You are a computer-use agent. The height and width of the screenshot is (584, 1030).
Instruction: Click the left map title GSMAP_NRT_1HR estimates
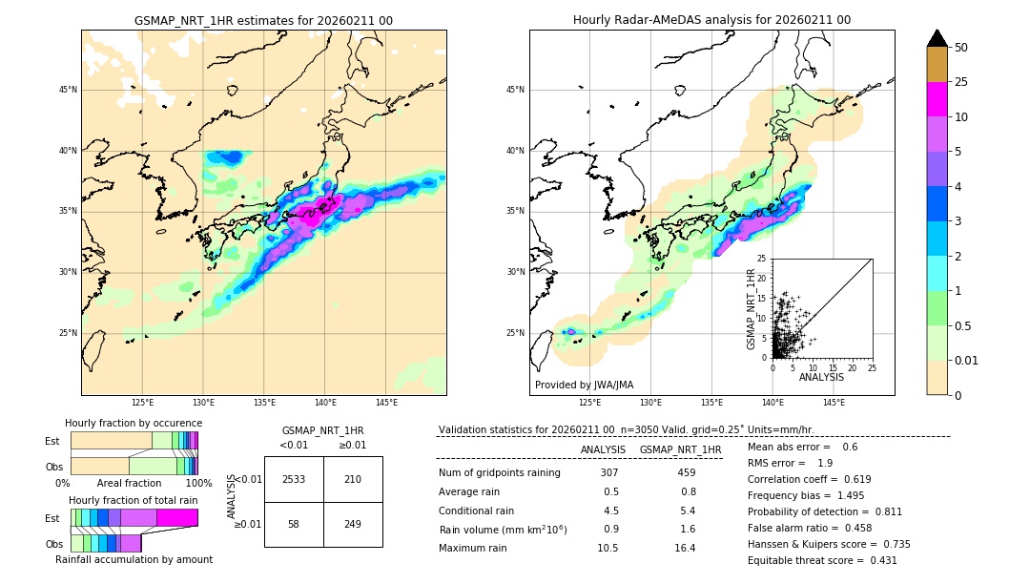click(x=263, y=20)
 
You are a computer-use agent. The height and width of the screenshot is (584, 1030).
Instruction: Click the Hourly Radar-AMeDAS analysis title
click(x=711, y=20)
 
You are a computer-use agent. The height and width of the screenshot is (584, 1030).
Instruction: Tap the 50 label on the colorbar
click(x=961, y=48)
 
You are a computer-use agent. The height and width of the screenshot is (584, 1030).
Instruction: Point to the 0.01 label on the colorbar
click(x=967, y=360)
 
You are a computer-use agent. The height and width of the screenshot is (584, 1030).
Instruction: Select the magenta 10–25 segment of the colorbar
click(x=937, y=99)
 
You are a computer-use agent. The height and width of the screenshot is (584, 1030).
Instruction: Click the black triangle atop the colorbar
click(x=937, y=38)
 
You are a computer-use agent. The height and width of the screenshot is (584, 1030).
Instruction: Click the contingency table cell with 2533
click(x=294, y=479)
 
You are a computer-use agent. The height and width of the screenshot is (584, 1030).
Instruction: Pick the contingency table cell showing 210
click(x=353, y=479)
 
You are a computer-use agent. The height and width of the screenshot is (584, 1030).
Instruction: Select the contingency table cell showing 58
click(x=294, y=525)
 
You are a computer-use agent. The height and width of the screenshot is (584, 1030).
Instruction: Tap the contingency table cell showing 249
click(x=353, y=525)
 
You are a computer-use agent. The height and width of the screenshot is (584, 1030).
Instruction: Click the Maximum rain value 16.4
click(x=687, y=548)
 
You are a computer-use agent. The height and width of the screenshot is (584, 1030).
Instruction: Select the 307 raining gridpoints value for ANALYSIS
click(x=609, y=472)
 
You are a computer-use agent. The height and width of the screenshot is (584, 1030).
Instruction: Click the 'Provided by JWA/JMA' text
click(x=584, y=385)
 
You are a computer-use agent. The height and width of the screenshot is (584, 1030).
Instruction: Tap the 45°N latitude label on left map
click(x=68, y=90)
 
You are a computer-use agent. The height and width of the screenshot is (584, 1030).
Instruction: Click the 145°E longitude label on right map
click(x=834, y=403)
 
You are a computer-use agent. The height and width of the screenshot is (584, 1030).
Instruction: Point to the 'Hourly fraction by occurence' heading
click(x=134, y=423)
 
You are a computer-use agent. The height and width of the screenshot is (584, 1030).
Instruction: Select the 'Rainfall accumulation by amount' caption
click(x=134, y=559)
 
